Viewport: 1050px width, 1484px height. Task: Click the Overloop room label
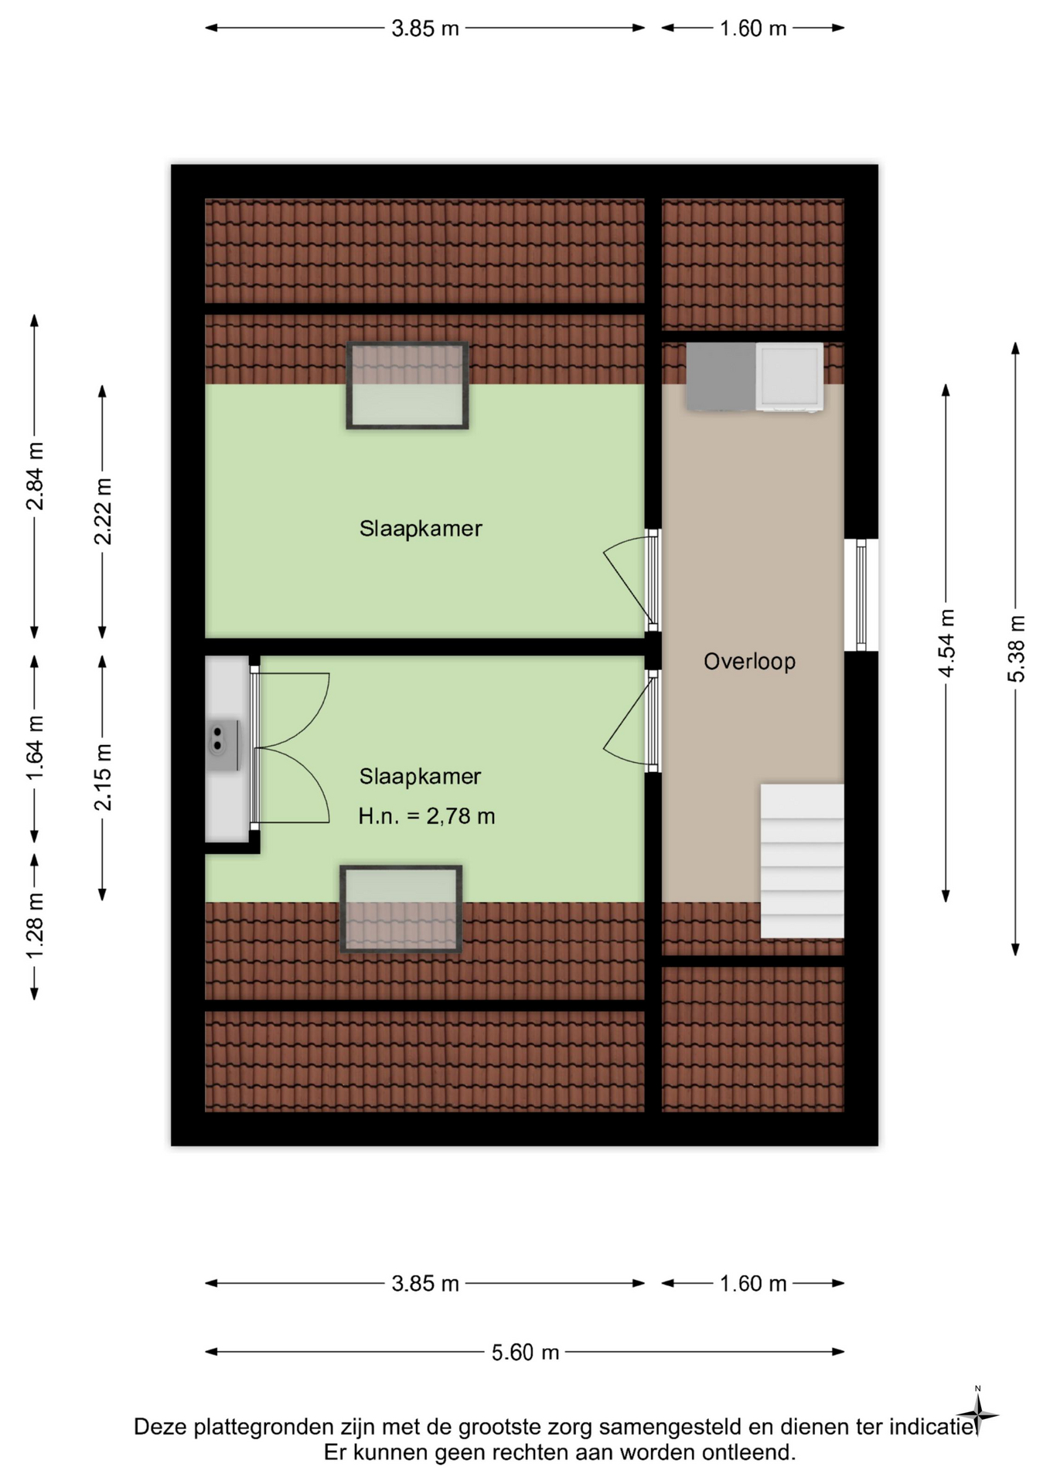pyautogui.click(x=749, y=662)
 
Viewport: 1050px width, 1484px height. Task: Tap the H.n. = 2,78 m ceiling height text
pyautogui.click(x=427, y=816)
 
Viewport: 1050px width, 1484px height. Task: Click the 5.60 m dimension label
pyautogui.click(x=525, y=1352)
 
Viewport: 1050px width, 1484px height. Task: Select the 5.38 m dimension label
pyautogui.click(x=1016, y=649)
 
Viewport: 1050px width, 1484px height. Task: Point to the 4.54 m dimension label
pyautogui.click(x=946, y=643)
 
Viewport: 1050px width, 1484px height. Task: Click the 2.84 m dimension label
pyautogui.click(x=35, y=476)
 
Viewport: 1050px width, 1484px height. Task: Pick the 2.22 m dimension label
pyautogui.click(x=103, y=512)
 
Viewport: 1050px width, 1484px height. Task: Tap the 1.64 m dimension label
pyautogui.click(x=35, y=748)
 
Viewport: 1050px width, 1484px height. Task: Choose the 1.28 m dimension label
pyautogui.click(x=35, y=925)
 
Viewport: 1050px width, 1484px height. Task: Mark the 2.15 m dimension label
pyautogui.click(x=103, y=777)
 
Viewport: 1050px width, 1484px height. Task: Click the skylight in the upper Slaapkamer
pyautogui.click(x=407, y=385)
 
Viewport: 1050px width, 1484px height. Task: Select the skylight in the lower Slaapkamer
pyautogui.click(x=401, y=909)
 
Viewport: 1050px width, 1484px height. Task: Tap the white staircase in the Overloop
pyautogui.click(x=802, y=861)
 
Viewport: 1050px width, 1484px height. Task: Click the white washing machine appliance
pyautogui.click(x=789, y=376)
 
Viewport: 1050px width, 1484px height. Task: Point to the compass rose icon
pyautogui.click(x=978, y=1416)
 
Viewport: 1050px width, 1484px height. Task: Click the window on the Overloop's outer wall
pyautogui.click(x=861, y=594)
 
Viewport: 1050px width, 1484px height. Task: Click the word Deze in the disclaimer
pyautogui.click(x=161, y=1427)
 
